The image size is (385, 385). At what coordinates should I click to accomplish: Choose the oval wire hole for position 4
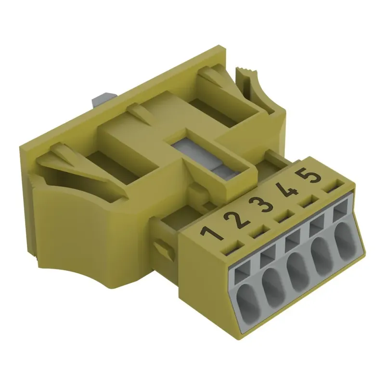click(x=322, y=255)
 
